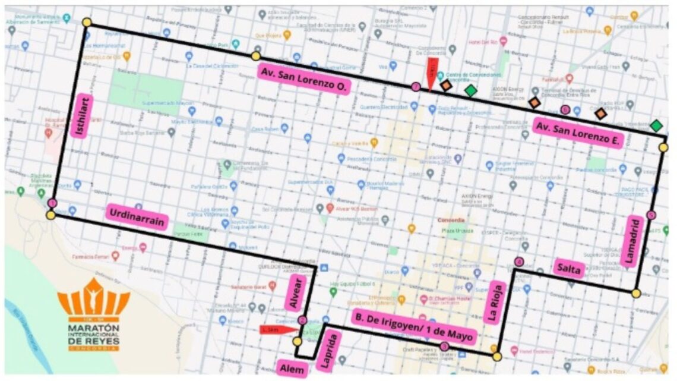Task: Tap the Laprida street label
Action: [x=330, y=352]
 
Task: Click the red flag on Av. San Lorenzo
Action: [x=432, y=73]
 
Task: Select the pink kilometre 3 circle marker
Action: [x=444, y=347]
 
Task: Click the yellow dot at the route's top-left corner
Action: [x=87, y=23]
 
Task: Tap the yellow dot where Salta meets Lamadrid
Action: [x=636, y=293]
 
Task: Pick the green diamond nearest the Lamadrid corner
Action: [x=656, y=125]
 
